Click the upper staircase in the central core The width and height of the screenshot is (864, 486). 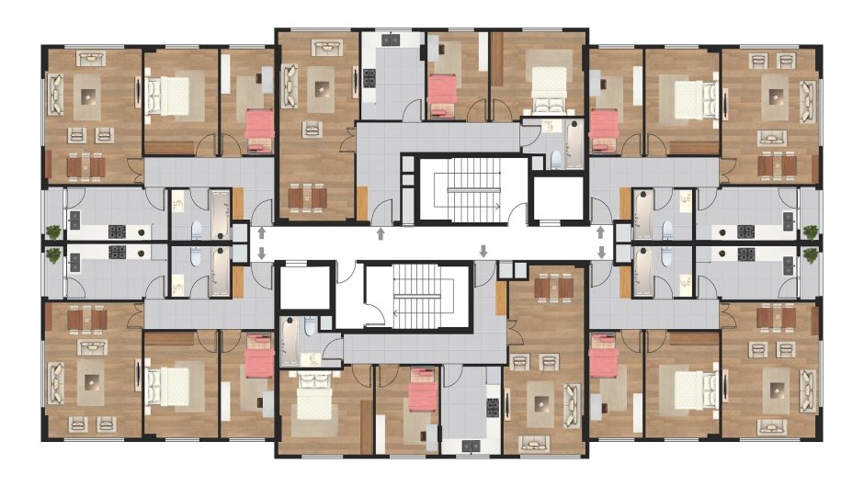coord(470,188)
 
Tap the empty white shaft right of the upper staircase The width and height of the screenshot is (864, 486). coord(558,198)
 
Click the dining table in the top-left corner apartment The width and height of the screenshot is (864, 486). coord(85,165)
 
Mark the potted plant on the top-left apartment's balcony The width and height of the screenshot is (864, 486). coord(54,232)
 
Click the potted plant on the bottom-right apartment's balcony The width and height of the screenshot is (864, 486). coord(810,254)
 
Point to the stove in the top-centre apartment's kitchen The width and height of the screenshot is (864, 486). coord(370,76)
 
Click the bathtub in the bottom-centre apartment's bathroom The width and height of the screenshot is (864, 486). coord(290,341)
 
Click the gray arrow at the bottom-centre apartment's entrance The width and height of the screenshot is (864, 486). coord(484,251)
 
